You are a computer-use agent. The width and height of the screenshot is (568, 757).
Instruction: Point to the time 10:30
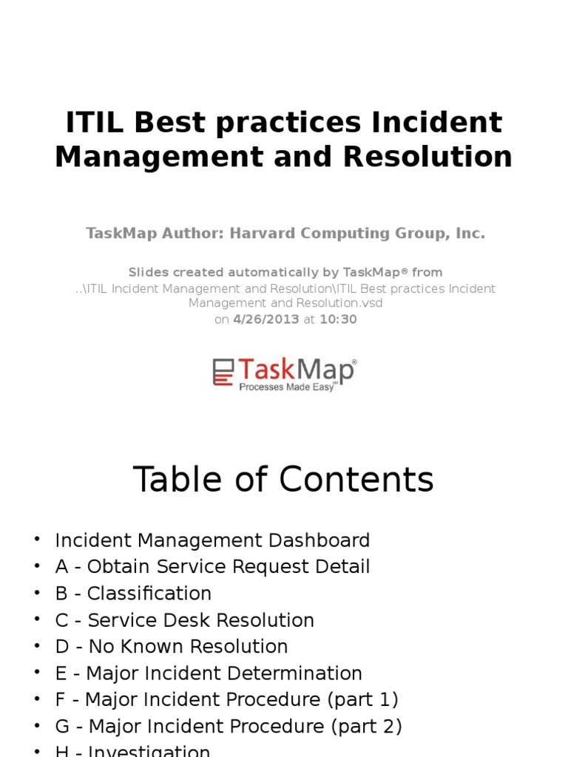[x=338, y=319]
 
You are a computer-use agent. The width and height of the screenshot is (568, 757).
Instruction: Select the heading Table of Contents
[x=283, y=480]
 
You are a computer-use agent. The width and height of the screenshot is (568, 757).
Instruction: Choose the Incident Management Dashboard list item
[x=212, y=540]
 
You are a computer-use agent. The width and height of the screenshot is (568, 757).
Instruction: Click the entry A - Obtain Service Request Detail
[x=212, y=567]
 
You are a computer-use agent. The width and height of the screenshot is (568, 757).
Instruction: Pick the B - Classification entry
[x=133, y=594]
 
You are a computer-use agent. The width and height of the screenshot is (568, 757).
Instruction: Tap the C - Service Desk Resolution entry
[x=184, y=620]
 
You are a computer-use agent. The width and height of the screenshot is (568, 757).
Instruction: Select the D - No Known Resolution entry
[x=172, y=647]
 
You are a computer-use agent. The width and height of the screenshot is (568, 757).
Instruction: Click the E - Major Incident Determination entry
[x=209, y=673]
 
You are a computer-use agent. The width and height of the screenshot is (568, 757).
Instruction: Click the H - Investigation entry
[x=133, y=750]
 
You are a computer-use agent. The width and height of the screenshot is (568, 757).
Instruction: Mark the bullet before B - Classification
[x=36, y=594]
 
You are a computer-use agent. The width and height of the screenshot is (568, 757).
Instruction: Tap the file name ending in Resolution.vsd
[x=285, y=303]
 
